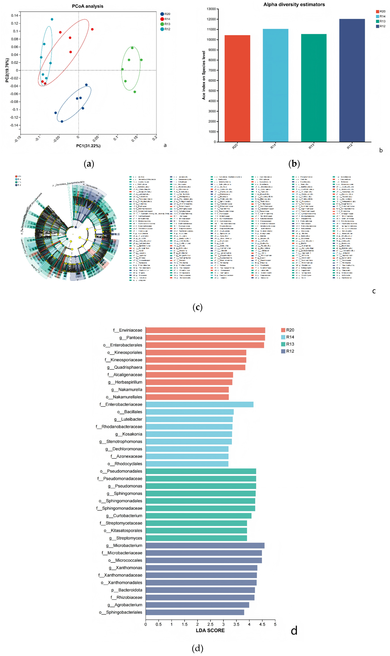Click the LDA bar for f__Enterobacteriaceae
coord(199,404)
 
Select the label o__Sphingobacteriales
coord(121,612)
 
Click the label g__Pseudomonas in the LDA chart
coord(125,486)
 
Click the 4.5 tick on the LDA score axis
coord(262,624)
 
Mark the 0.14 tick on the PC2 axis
coord(14,15)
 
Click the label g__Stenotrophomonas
coord(121,441)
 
